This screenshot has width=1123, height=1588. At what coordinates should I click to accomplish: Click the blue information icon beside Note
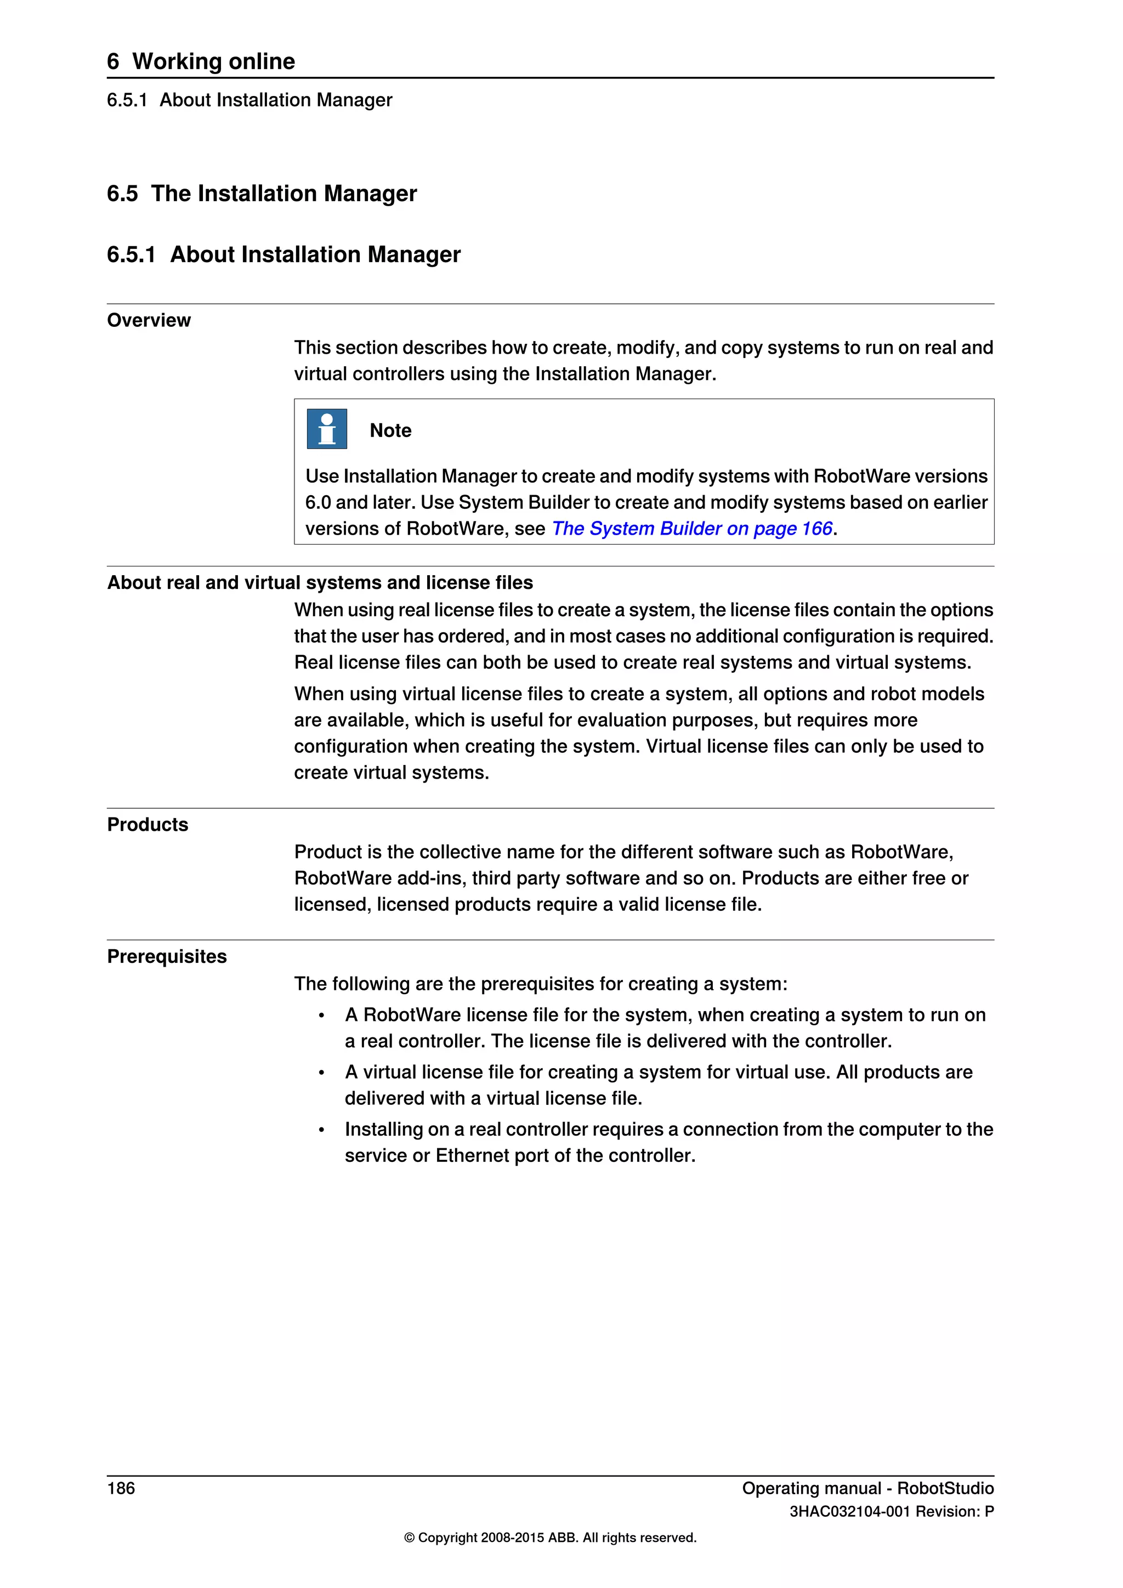click(x=326, y=429)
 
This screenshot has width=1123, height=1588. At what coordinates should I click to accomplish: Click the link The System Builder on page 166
click(x=691, y=529)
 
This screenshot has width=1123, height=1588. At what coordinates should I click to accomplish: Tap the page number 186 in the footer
click(x=121, y=1488)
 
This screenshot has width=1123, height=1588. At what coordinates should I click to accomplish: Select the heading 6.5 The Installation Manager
click(x=262, y=193)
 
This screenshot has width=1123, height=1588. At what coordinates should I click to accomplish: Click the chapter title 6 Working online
click(x=201, y=61)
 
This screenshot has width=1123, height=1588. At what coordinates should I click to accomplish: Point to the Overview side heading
click(x=149, y=320)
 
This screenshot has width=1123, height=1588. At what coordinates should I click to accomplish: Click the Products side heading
click(x=148, y=824)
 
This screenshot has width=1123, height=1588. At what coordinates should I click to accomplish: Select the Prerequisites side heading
click(x=167, y=956)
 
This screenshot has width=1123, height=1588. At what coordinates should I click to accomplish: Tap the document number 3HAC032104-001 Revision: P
click(x=892, y=1511)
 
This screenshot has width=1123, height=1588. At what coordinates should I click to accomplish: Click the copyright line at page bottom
click(x=550, y=1538)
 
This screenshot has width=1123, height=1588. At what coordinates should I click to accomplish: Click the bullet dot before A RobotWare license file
click(x=321, y=1016)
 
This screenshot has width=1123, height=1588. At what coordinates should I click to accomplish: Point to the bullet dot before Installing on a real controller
click(x=321, y=1131)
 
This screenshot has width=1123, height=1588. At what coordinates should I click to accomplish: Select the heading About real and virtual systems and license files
click(x=320, y=582)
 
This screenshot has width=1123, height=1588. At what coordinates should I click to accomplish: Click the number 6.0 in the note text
click(x=317, y=502)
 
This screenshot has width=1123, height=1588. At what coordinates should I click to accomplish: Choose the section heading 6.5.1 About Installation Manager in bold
click(x=283, y=254)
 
